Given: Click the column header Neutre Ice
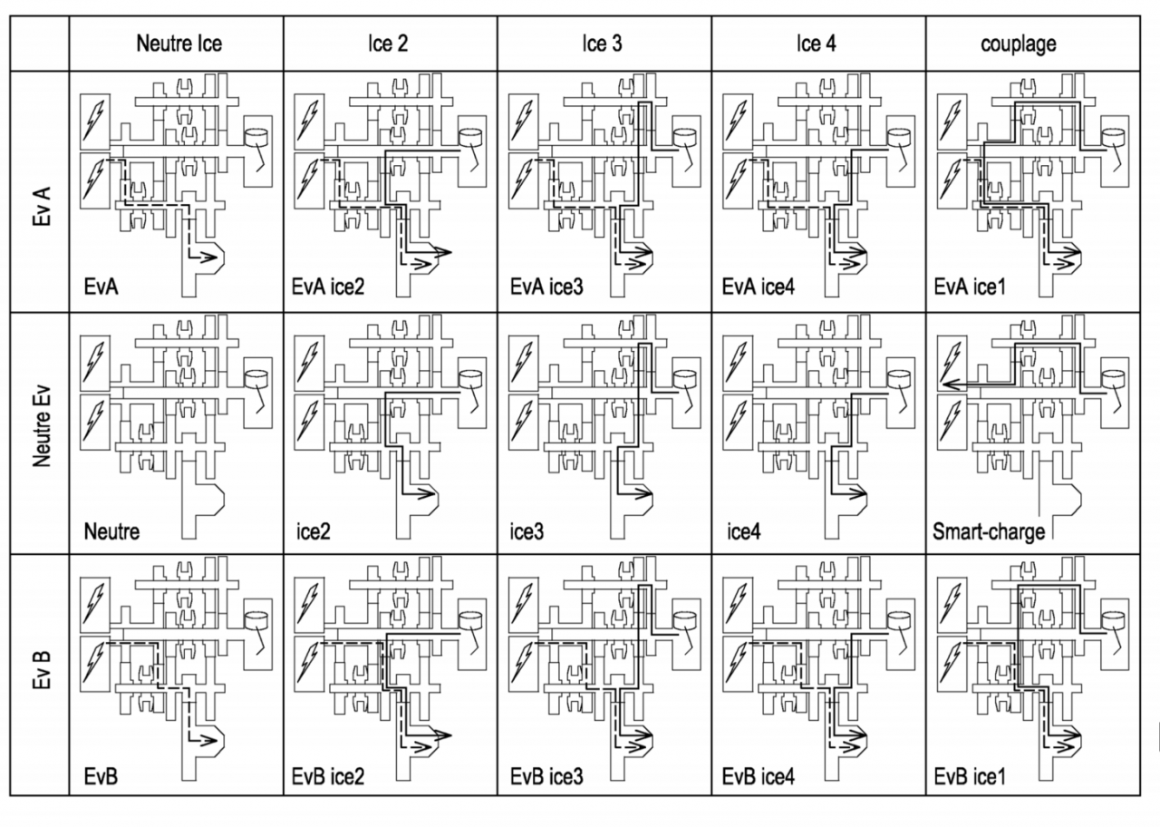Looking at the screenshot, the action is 179,44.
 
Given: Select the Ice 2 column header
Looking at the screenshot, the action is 389,44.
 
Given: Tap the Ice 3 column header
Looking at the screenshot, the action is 603,44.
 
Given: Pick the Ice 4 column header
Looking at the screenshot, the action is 817,44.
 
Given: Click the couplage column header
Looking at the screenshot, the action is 1019,44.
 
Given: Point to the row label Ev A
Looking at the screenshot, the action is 42,206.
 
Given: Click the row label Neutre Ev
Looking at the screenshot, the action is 42,426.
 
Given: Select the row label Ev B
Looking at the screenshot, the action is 42,669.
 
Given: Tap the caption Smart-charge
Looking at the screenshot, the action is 989,532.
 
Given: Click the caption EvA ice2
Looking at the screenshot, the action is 328,287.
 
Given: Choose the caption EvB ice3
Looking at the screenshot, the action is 546,776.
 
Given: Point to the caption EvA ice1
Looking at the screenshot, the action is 970,287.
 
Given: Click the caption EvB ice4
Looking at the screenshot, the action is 759,776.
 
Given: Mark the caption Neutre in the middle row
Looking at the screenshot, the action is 111,531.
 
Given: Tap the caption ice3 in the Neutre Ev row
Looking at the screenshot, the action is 527,531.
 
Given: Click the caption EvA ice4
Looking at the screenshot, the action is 759,287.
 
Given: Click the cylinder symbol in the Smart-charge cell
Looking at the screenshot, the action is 1113,379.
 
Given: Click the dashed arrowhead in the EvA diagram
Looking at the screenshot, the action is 208,257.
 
